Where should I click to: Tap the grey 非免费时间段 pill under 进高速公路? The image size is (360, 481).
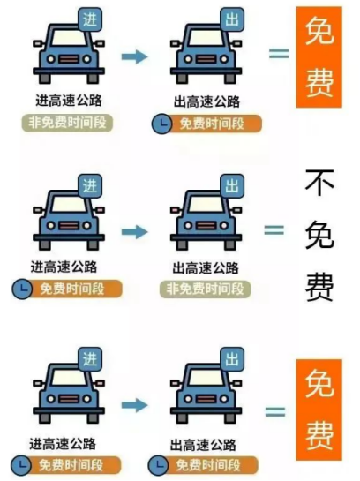coord(67,123)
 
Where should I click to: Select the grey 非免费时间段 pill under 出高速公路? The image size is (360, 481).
coord(205,289)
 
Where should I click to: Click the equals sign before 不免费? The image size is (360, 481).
coord(274,230)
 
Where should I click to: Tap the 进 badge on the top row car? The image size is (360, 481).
coord(90,20)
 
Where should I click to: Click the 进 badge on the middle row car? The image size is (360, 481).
coord(90,186)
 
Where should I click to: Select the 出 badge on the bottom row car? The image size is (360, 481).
coord(232,359)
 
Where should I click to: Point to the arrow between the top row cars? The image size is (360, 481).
coord(135,56)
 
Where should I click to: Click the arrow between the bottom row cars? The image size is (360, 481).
coord(135,405)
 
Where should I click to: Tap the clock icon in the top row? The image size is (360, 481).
coord(161,124)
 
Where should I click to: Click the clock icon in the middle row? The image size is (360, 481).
coord(22,289)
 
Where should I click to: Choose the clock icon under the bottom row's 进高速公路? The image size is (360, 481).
coord(21,465)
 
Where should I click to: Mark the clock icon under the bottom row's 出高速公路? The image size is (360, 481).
coord(158,465)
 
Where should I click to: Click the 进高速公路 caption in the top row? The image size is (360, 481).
coord(69,101)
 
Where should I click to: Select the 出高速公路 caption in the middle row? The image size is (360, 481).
coord(206,267)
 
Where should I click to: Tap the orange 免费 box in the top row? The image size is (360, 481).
coord(319,57)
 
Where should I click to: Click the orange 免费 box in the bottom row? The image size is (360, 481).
coord(319,410)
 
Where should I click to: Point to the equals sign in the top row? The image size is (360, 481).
coord(279,54)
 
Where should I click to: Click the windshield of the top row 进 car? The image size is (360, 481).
coord(69,38)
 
